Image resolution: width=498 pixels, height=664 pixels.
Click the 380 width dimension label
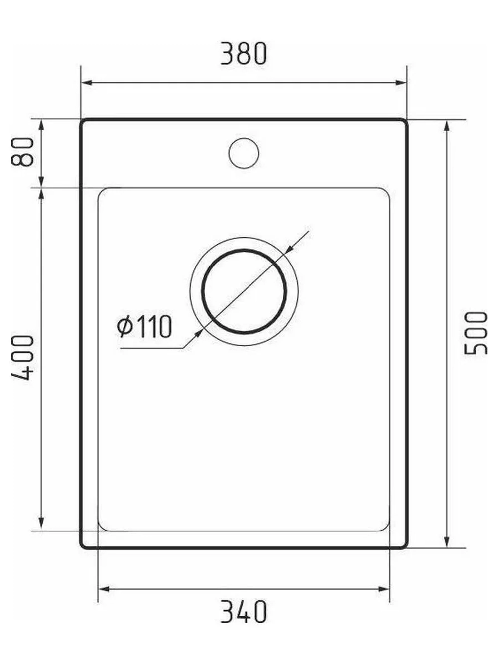click(x=244, y=53)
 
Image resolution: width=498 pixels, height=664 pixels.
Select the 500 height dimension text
click(x=476, y=333)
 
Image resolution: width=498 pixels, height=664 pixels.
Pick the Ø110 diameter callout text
click(x=144, y=326)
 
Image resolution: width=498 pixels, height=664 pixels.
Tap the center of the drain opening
click(x=244, y=291)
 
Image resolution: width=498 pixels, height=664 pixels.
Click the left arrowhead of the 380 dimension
click(x=88, y=83)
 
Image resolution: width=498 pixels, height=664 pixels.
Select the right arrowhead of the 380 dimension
click(x=400, y=83)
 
